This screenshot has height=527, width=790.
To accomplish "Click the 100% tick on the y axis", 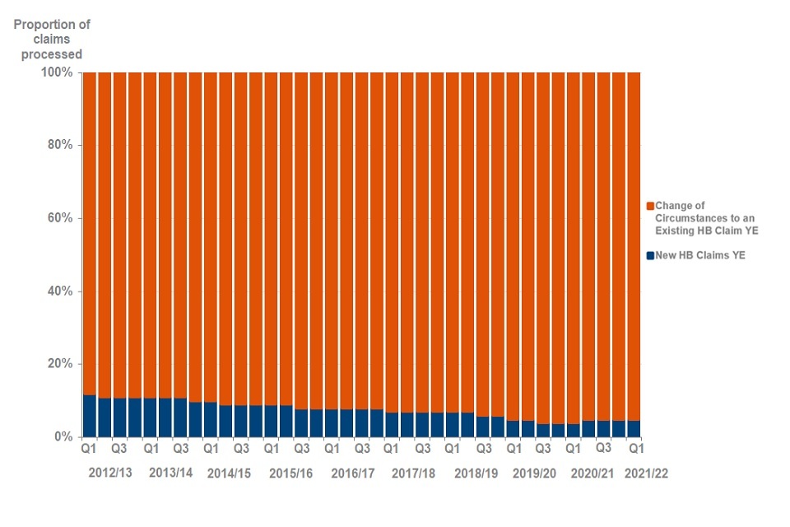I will pyautogui.click(x=58, y=72).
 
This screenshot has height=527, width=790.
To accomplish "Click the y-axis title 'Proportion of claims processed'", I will pyautogui.click(x=52, y=40).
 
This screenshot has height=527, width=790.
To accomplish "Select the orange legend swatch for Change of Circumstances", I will pyautogui.click(x=650, y=205).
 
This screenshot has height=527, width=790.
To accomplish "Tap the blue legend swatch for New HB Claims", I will pyautogui.click(x=650, y=255).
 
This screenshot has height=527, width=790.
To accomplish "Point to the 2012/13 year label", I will pyautogui.click(x=112, y=473).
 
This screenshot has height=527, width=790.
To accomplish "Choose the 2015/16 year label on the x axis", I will pyautogui.click(x=291, y=473).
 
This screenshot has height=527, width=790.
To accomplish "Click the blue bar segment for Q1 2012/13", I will pyautogui.click(x=90, y=416).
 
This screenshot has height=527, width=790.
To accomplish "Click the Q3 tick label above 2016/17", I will pyautogui.click(x=362, y=450).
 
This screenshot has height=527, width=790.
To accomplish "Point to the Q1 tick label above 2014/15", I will pyautogui.click(x=211, y=450).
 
